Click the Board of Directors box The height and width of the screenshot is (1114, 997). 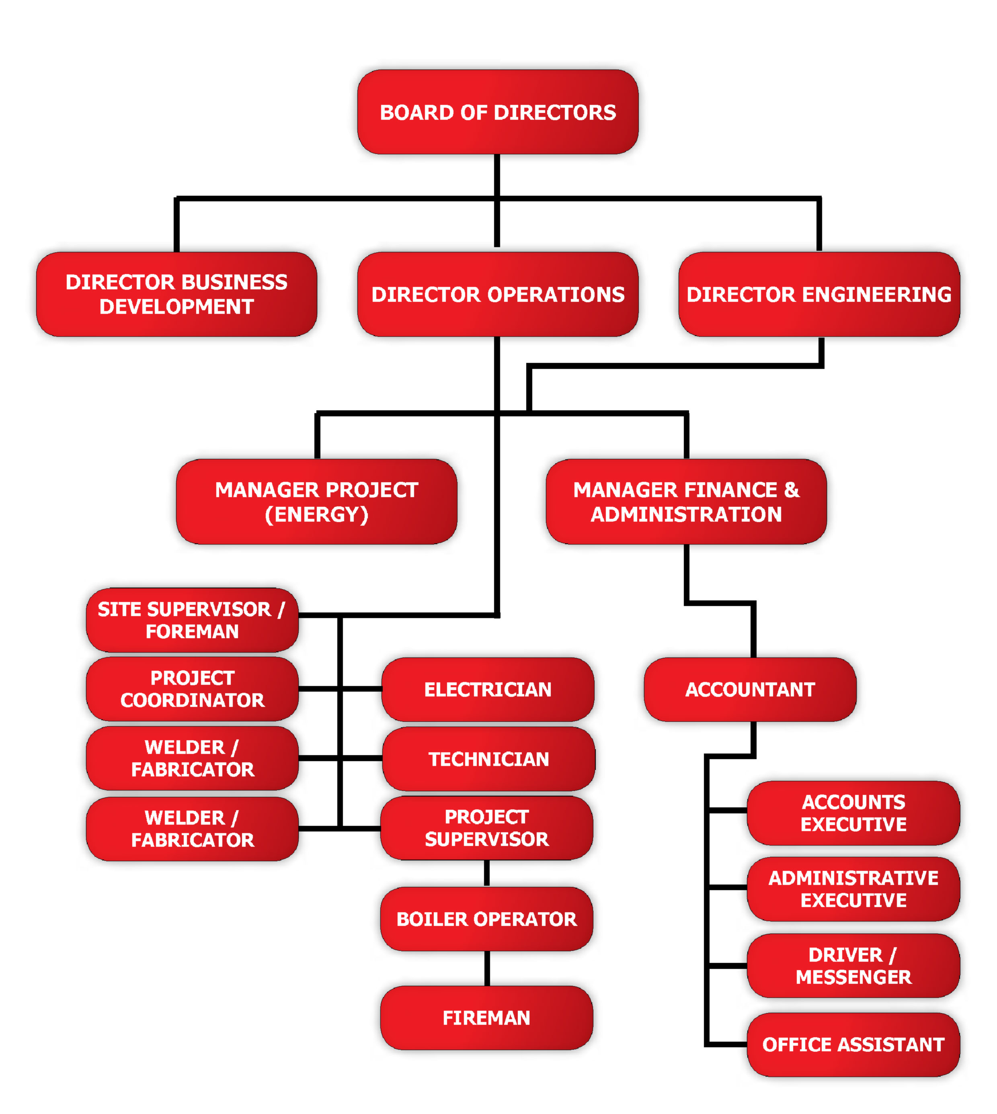click(x=497, y=112)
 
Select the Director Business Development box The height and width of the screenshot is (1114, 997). click(x=176, y=294)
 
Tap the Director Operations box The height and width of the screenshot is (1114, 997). click(x=497, y=294)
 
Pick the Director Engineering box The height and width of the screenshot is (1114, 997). click(x=819, y=294)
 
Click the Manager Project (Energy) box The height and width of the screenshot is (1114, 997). click(x=317, y=502)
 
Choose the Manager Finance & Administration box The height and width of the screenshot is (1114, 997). click(x=686, y=502)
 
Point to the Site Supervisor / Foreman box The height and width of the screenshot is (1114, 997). click(x=192, y=620)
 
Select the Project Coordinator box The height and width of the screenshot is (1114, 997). click(x=192, y=689)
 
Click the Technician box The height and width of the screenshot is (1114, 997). click(x=488, y=759)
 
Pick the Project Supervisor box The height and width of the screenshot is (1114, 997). click(x=486, y=828)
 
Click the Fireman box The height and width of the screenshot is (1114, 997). click(x=486, y=1018)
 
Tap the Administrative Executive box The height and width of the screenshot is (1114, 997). click(x=853, y=889)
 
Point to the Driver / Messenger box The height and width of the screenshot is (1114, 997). click(x=853, y=966)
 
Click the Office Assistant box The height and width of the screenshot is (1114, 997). click(x=853, y=1044)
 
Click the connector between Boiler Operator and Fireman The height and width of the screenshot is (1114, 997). click(x=486, y=968)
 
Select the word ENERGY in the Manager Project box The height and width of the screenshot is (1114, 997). click(x=317, y=515)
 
